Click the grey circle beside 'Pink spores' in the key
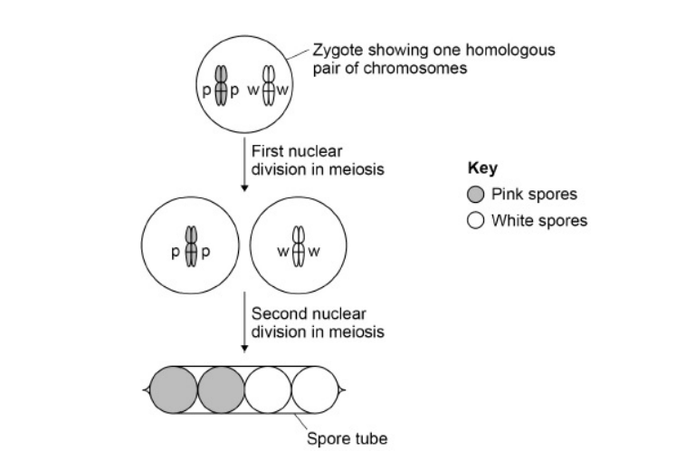[x=475, y=195]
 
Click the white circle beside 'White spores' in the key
[x=475, y=220]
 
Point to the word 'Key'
[x=481, y=168]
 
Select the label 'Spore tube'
[x=347, y=438]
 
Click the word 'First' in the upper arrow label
[x=268, y=150]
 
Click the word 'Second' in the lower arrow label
[x=276, y=313]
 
